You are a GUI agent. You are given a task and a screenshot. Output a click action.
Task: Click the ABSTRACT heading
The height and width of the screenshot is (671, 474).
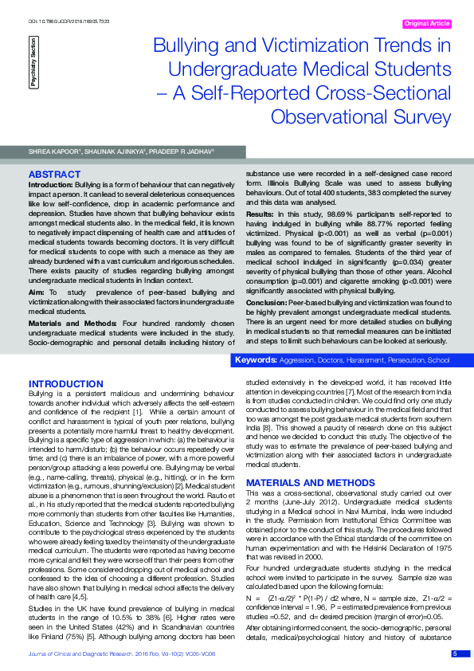click(x=53, y=174)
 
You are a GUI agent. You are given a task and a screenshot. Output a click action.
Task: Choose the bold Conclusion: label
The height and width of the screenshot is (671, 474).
click(x=267, y=304)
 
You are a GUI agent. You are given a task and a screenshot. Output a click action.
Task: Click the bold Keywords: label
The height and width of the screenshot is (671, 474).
click(x=255, y=360)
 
